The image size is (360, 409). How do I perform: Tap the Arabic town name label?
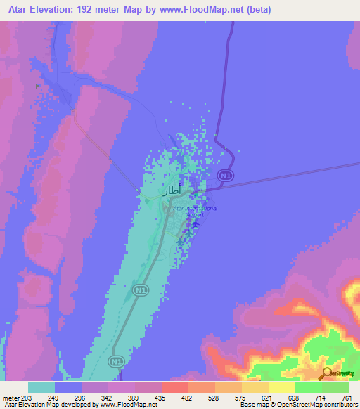tap(156, 190)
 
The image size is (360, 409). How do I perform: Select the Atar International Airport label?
tap(195, 212)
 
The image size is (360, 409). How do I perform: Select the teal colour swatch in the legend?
tap(41, 387)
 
